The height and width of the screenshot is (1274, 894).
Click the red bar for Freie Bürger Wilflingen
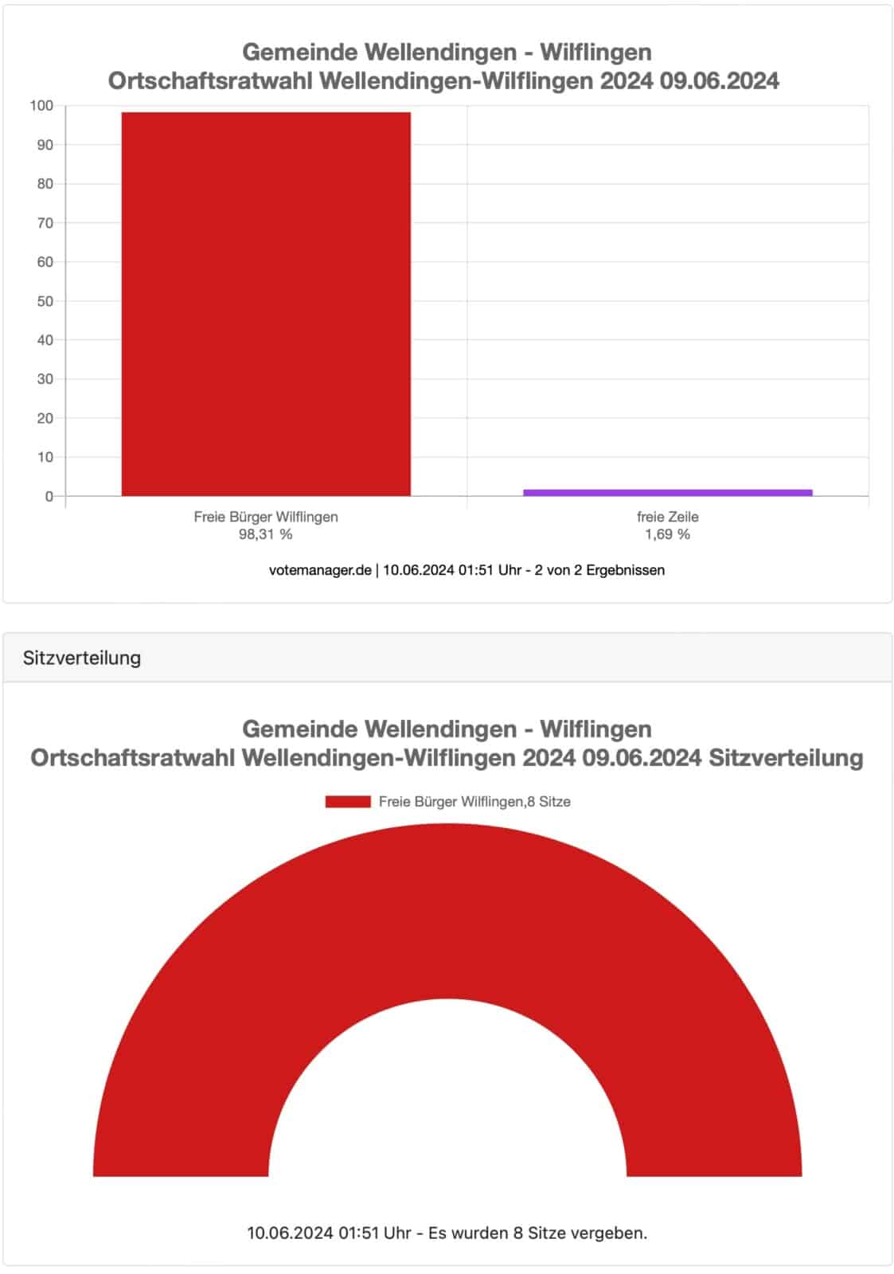266,303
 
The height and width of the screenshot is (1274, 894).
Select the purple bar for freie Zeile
667,493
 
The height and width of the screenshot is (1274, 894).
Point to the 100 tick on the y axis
41,106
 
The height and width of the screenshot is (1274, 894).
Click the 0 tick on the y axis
49,496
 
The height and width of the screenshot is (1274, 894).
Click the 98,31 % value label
266,534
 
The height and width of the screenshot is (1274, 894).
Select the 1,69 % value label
667,534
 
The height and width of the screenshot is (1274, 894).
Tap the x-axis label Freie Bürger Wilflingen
266,517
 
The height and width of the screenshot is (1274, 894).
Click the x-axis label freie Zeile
667,517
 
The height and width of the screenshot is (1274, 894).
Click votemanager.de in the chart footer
320,570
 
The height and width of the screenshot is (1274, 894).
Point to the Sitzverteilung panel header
82,658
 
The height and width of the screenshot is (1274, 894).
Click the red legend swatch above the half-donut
348,802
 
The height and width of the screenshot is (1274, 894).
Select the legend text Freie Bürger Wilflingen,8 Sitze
474,802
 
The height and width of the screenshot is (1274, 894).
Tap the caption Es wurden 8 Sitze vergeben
537,1233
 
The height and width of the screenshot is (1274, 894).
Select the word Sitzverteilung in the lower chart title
786,757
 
